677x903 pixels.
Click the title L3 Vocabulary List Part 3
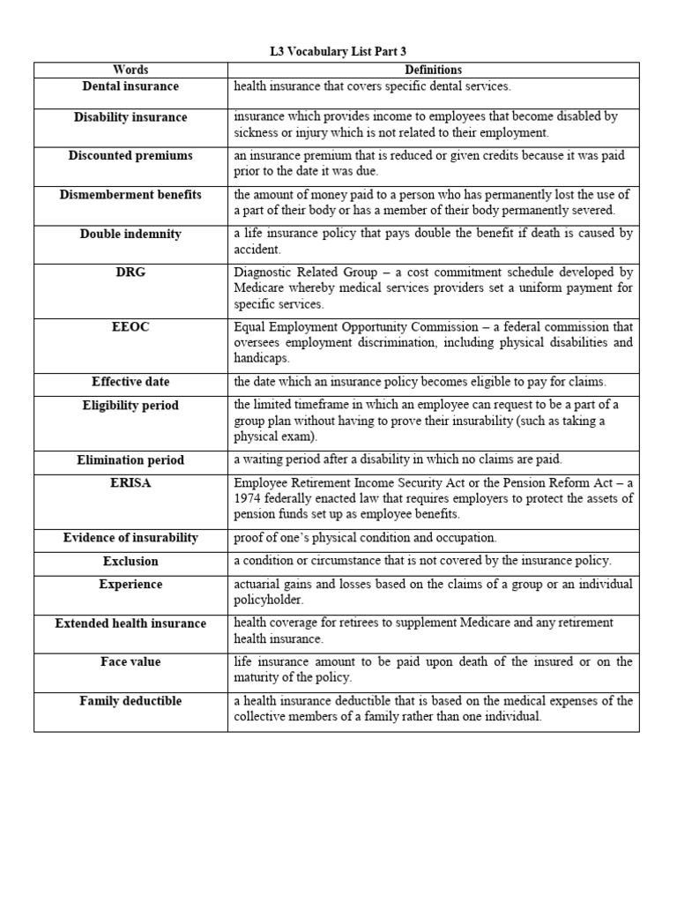[338, 52]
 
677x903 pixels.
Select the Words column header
[130, 70]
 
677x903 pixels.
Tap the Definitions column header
[433, 70]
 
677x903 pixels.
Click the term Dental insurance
[130, 86]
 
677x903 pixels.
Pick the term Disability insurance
[130, 117]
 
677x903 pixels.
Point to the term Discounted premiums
[130, 155]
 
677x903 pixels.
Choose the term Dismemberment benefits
[130, 194]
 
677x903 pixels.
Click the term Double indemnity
[130, 234]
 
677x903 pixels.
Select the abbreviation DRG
[130, 272]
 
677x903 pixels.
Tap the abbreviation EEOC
[130, 327]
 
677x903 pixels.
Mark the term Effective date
[130, 382]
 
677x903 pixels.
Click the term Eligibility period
[130, 406]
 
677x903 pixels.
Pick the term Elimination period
[130, 459]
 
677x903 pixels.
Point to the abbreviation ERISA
[130, 483]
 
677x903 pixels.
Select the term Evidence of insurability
[130, 537]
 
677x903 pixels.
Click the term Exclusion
[130, 561]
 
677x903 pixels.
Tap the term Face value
[130, 661]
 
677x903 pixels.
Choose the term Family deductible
[130, 701]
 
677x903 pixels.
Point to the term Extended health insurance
[130, 623]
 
